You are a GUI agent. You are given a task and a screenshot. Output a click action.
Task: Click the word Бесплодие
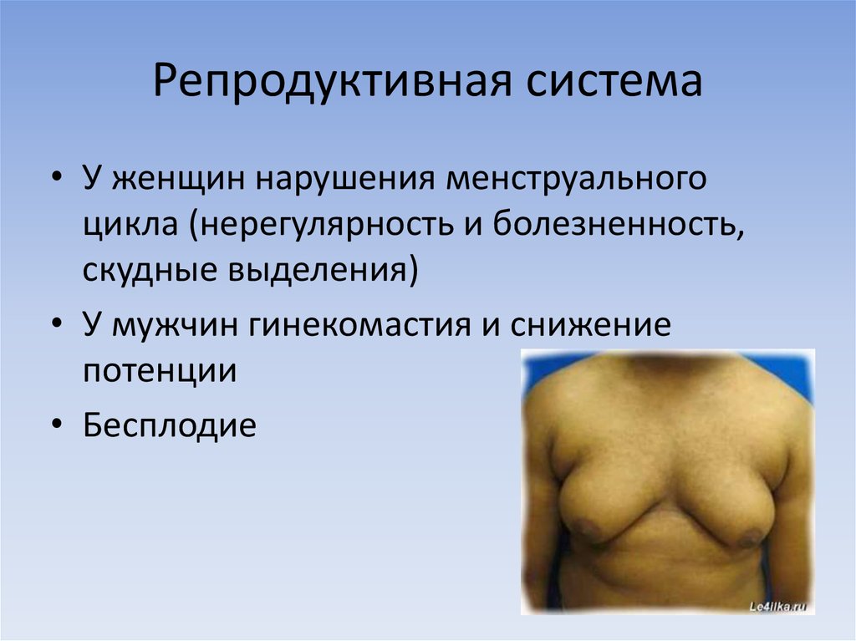pos(168,426)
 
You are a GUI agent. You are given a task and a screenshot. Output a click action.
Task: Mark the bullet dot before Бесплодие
pos(56,427)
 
